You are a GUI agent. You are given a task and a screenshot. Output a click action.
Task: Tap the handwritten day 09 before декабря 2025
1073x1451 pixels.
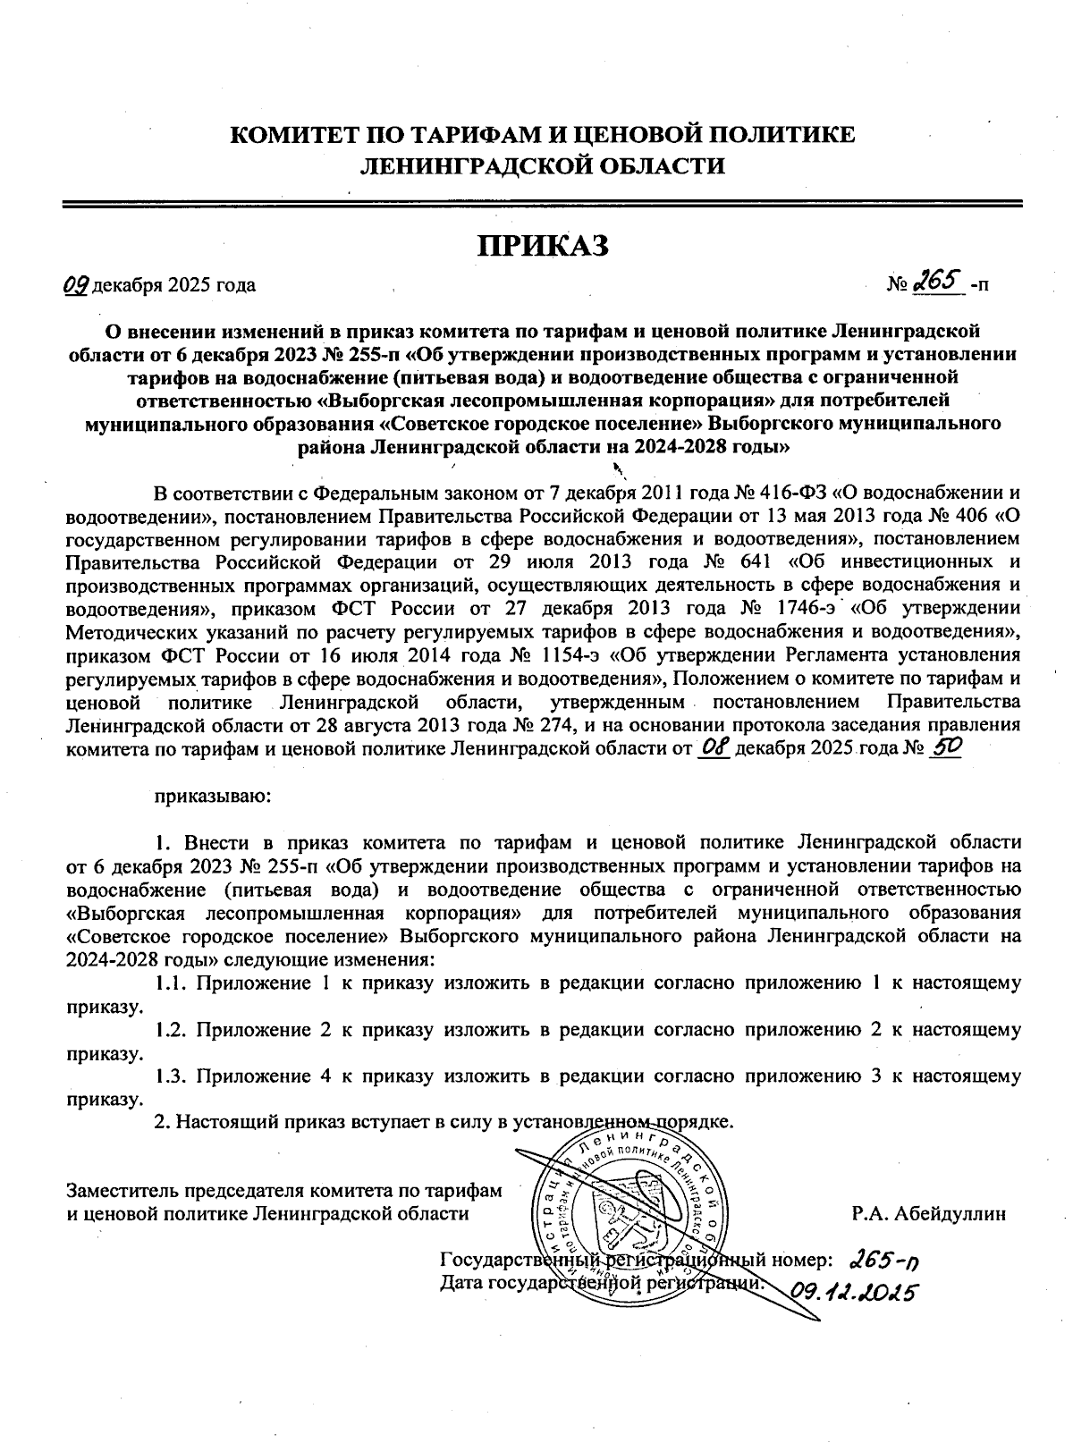click(x=76, y=285)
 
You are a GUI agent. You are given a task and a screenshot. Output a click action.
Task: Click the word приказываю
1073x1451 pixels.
click(x=207, y=795)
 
